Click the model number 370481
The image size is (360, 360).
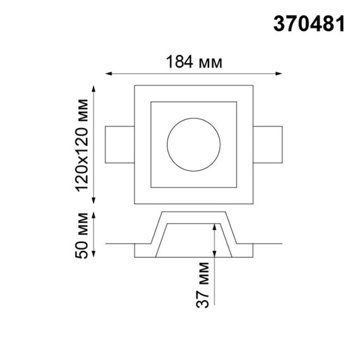point(309,24)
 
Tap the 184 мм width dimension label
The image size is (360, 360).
point(194,62)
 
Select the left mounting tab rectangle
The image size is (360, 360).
point(120,143)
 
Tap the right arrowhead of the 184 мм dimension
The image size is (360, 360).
point(280,73)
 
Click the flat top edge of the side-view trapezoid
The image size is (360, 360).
point(194,212)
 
